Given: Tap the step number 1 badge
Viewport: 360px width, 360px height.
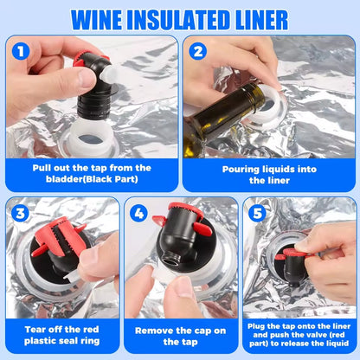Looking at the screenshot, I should coord(21,51).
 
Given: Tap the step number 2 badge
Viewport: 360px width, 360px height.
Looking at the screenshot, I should coord(198,51).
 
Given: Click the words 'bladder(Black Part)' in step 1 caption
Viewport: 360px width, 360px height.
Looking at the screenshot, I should coord(90,180).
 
